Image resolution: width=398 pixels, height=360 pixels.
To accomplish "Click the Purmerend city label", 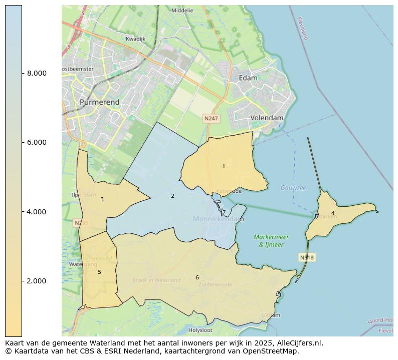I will pos(99,102).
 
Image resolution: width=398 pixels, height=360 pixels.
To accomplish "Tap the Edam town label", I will pos(248,78).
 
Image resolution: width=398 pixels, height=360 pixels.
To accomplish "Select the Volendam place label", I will pos(267,118).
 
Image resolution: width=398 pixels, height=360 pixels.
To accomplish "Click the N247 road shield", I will pos(211,119).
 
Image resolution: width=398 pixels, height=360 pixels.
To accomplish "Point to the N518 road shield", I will pos(307,257).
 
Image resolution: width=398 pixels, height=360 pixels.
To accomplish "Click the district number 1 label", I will pos(224,166).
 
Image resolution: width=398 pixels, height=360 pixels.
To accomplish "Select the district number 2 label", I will pos(172,196).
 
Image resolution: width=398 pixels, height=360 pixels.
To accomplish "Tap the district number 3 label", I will pos(102,199).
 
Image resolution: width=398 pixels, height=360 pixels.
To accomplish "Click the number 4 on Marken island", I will pos(333,213).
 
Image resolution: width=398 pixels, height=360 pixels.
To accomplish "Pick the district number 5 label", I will pos(99,272).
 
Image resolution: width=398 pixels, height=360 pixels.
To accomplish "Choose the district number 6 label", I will pos(197,277).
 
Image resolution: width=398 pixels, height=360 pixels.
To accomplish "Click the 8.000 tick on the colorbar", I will pos(37,73).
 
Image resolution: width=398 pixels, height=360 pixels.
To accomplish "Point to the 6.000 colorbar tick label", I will pos(37,142).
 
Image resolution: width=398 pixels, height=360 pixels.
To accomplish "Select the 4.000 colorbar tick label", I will pos(37,212).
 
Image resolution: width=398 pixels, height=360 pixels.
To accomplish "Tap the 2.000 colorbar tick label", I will pos(37,281).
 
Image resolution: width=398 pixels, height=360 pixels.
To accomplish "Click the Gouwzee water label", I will pos(293,188).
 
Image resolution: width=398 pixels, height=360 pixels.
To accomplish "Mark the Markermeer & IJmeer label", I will pos(271,241).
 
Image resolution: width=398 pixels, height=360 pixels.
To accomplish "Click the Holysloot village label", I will pos(200,330).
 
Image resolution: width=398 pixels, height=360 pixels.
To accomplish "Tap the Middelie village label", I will pos(182,10).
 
